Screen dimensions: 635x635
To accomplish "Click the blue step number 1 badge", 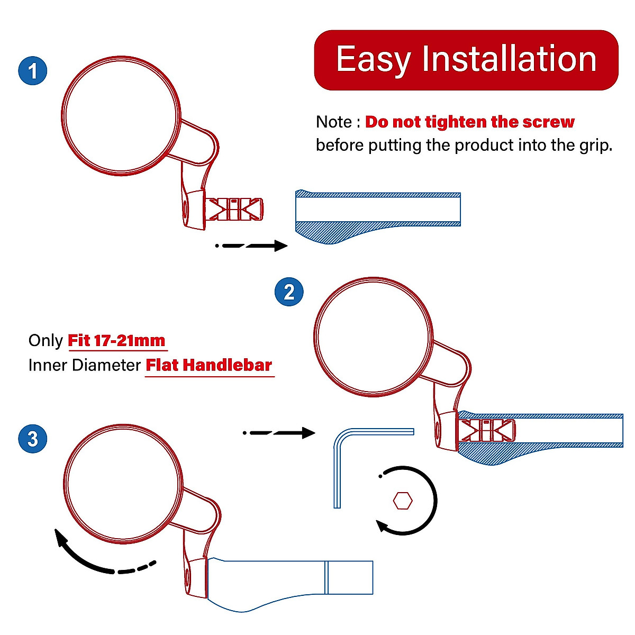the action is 33,70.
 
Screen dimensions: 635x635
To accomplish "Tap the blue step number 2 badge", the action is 289,292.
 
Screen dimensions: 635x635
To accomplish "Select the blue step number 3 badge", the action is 33,439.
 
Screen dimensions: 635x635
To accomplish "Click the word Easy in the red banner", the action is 374,60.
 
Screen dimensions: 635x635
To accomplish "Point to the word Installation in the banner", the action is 510,58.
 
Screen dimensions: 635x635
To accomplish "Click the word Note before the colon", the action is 334,122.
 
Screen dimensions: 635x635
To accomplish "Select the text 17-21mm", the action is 130,340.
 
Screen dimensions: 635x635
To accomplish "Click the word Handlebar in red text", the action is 228,365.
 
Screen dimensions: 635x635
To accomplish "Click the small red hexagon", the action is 403,501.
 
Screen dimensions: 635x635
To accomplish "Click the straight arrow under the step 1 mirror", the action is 251,246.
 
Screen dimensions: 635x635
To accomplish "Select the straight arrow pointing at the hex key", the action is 279,433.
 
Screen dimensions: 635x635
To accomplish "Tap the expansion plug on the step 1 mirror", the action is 234,209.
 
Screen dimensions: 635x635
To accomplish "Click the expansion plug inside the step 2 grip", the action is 487,430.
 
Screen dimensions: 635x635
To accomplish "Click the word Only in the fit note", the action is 46,341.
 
